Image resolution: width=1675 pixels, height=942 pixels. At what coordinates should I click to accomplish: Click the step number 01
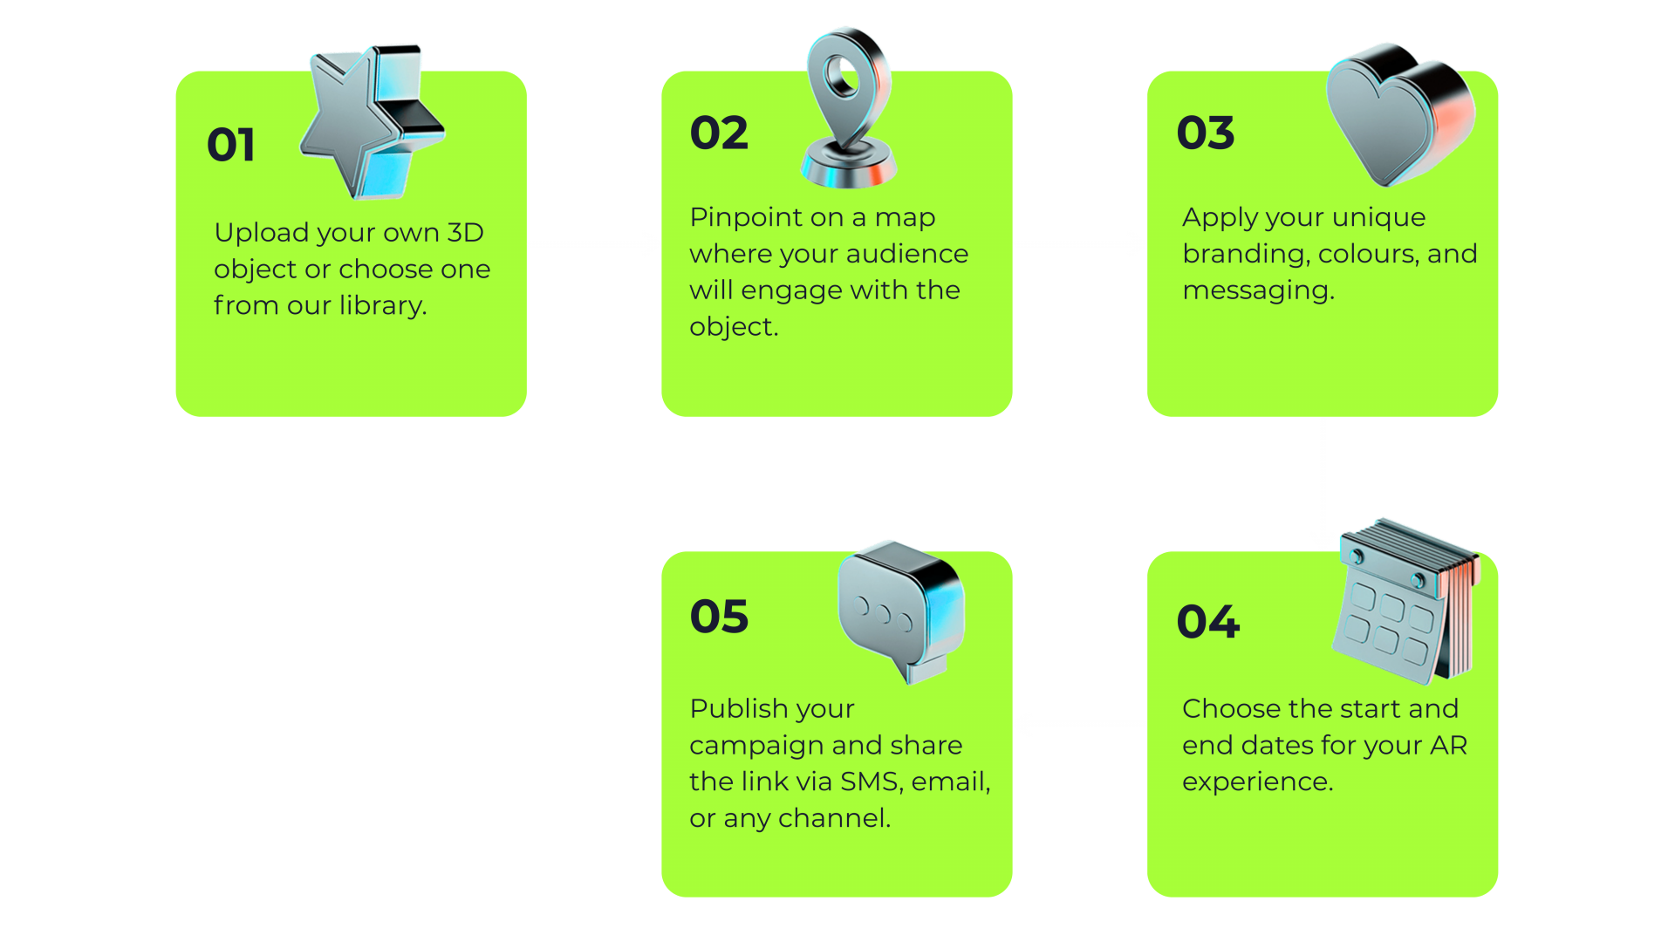(231, 145)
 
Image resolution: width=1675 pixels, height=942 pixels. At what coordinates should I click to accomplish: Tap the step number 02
(719, 133)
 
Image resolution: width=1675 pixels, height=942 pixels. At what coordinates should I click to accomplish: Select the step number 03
(1205, 133)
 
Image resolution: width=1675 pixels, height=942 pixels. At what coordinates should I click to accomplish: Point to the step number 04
(1207, 622)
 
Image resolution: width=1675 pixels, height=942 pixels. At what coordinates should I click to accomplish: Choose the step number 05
(719, 617)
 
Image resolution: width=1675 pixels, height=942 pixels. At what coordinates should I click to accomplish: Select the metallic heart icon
(1398, 112)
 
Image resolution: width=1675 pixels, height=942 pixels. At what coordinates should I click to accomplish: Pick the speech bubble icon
(900, 611)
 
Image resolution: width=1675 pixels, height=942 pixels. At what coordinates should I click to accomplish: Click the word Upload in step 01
(261, 233)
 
